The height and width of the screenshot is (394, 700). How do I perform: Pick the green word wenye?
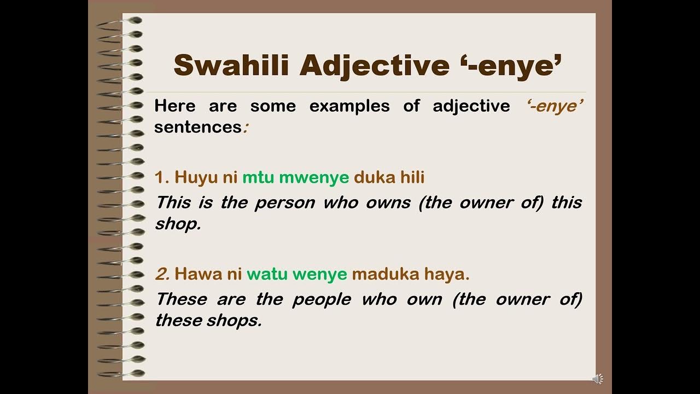pyautogui.click(x=320, y=274)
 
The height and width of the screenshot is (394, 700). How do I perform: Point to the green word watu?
pyautogui.click(x=267, y=274)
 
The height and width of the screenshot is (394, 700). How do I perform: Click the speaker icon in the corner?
pyautogui.click(x=598, y=379)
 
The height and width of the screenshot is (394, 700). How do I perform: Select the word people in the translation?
pyautogui.click(x=319, y=299)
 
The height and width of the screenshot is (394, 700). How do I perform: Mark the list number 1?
pyautogui.click(x=161, y=177)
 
